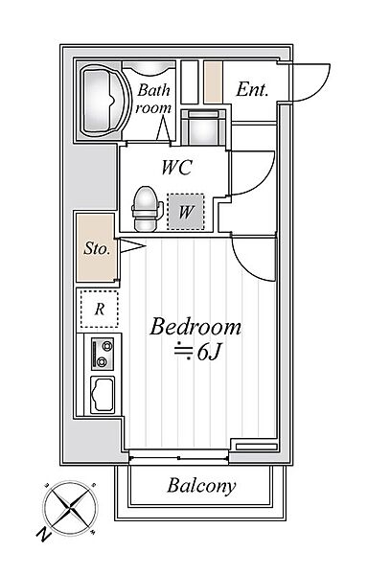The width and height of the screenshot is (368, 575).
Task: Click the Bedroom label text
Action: tap(195, 327)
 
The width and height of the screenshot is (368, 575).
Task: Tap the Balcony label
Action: tap(201, 486)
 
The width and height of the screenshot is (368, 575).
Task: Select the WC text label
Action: tap(177, 167)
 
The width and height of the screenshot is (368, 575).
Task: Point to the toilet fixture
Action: tap(147, 209)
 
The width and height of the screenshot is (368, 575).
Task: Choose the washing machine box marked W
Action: tap(186, 212)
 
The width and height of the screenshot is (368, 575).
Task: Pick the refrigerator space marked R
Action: tap(100, 310)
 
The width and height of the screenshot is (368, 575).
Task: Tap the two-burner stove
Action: tap(103, 354)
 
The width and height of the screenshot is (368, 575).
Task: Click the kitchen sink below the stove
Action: tap(103, 395)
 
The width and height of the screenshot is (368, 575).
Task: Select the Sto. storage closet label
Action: tap(97, 248)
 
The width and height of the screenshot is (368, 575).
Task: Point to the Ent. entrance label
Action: tap(252, 89)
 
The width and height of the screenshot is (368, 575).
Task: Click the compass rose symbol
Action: tap(70, 509)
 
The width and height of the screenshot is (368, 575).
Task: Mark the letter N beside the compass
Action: tap(44, 535)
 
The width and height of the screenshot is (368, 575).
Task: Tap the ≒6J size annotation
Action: tap(197, 352)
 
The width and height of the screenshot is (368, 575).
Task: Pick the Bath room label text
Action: tap(153, 99)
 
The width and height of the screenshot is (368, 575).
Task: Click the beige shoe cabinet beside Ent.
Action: tap(214, 82)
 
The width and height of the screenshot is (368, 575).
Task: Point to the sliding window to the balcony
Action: tap(178, 458)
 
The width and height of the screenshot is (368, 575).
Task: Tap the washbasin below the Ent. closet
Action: tap(203, 127)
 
